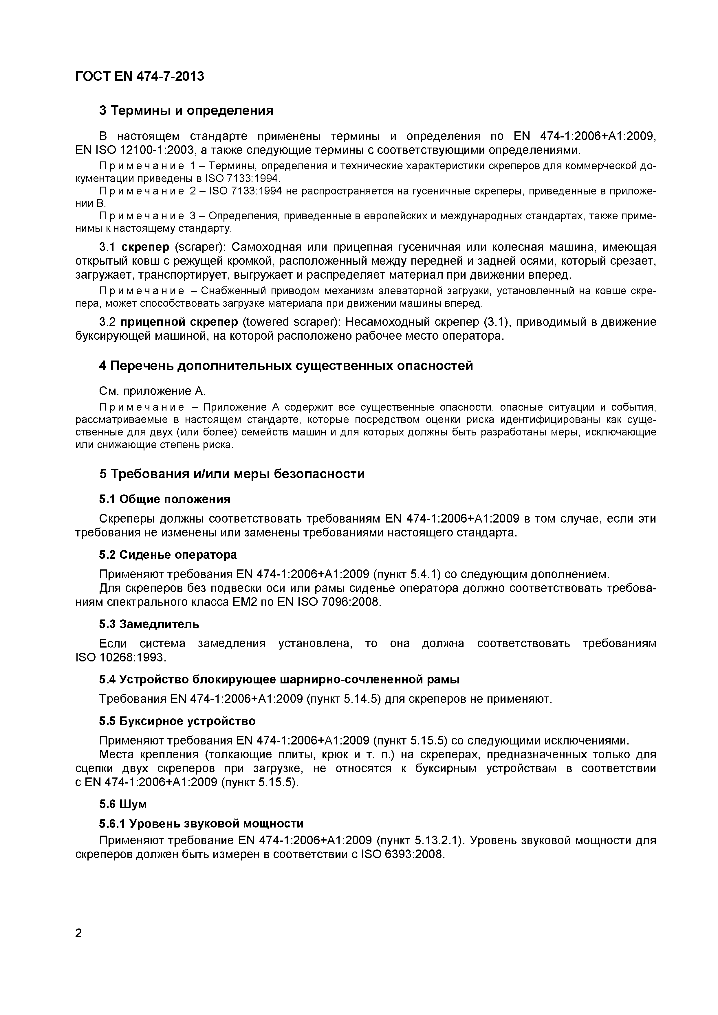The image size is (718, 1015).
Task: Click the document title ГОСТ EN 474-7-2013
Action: [140, 76]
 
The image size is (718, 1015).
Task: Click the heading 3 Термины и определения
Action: [186, 111]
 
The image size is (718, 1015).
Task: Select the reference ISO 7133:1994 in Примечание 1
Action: [243, 178]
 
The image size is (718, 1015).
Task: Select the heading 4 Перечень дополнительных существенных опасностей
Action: [286, 366]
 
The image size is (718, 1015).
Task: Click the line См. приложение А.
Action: [153, 391]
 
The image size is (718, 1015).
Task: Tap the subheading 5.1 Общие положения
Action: [164, 499]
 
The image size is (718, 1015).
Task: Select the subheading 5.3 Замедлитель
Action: [149, 624]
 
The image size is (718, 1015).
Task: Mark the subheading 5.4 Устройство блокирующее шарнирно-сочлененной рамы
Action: [279, 679]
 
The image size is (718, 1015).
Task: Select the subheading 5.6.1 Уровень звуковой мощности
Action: [201, 823]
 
